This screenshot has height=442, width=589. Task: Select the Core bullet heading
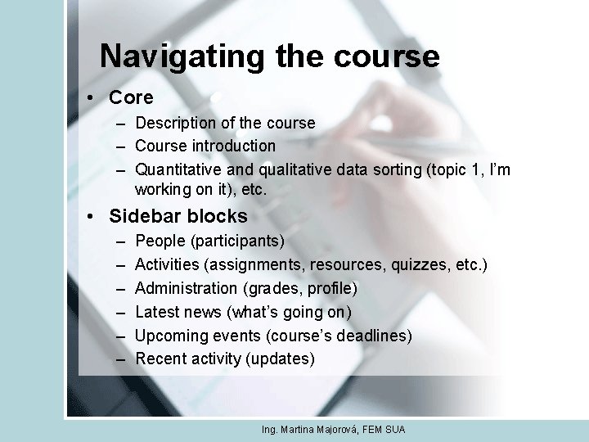pos(131,97)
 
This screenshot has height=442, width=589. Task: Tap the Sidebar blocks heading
pos(178,216)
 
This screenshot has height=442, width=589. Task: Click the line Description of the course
pos(225,123)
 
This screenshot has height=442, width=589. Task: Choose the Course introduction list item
pos(205,146)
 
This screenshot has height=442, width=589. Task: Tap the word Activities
pos(167,264)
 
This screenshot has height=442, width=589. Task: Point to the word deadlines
pos(373,336)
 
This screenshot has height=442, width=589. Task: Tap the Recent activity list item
pos(187,359)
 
